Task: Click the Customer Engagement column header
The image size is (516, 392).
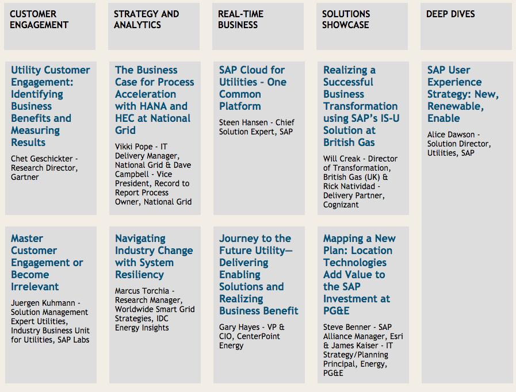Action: coord(39,20)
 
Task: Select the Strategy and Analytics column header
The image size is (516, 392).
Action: coord(146,20)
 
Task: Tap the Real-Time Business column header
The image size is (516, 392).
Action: coord(240,20)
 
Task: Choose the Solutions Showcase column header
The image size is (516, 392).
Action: coord(346,20)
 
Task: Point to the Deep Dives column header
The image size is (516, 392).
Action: coord(450,14)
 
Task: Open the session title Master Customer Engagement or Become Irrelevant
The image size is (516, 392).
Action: coord(47,263)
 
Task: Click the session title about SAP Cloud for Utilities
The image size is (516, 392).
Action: coord(253,88)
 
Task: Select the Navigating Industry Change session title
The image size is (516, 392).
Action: coord(154,256)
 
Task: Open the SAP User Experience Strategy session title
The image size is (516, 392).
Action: coord(463,94)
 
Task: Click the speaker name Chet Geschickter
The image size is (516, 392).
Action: coord(42,159)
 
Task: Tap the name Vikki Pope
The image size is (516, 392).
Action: coord(133,147)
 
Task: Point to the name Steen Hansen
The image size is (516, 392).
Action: coord(243,122)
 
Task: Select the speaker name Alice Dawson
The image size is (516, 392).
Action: coord(451,135)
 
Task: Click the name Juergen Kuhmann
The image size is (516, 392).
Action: coord(43,303)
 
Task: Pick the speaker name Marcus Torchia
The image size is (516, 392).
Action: coord(142,291)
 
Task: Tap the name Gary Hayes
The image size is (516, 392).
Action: coord(239,327)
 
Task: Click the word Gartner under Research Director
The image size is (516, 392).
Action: coord(25,177)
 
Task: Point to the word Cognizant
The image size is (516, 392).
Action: coord(341,205)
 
